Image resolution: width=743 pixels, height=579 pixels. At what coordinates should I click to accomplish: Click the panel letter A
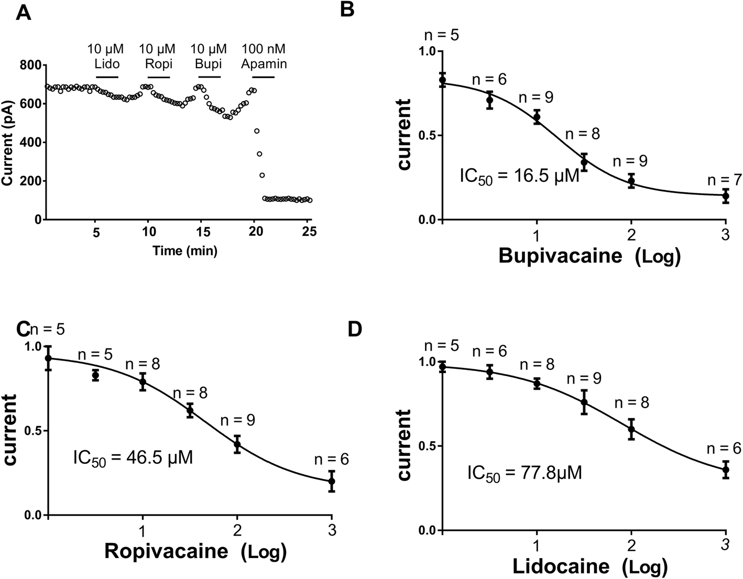[x=24, y=11]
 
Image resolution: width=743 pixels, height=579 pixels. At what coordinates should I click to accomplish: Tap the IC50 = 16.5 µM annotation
[x=519, y=175]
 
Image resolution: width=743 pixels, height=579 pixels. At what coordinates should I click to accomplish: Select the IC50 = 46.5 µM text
[x=133, y=458]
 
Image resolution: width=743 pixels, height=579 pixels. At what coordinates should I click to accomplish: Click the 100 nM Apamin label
[x=264, y=57]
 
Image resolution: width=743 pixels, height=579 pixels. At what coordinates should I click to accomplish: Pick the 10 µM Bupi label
[x=209, y=57]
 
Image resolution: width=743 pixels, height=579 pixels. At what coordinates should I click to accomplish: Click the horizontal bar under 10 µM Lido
[x=107, y=78]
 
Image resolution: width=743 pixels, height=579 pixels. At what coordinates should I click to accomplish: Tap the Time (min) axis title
[x=185, y=251]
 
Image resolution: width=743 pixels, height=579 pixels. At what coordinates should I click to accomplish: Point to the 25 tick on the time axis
[x=310, y=231]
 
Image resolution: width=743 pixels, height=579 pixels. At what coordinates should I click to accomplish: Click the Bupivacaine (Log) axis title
[x=589, y=256]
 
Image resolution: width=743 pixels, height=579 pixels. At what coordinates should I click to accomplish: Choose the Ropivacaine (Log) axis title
[x=195, y=552]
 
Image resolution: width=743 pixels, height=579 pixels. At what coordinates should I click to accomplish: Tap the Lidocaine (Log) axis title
[x=589, y=566]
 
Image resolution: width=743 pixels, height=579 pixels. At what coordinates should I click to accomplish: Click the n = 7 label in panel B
[x=725, y=180]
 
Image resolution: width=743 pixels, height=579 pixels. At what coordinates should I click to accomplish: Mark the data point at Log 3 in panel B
[x=726, y=196]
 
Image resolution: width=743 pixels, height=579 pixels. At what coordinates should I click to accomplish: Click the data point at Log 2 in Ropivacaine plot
[x=237, y=444]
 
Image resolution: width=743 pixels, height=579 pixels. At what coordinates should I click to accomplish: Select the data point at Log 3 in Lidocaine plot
[x=726, y=469]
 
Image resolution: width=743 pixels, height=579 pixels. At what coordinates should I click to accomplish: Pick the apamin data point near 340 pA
[x=259, y=154]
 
